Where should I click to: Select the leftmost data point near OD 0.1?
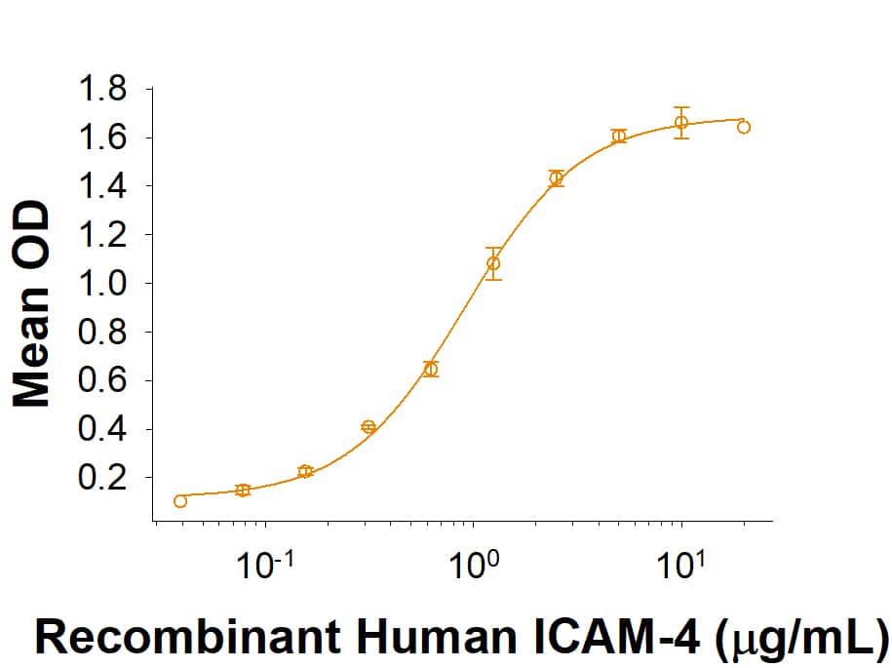[180, 501]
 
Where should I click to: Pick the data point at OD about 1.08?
[493, 263]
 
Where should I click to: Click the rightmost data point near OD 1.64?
[744, 127]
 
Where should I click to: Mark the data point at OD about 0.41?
[368, 427]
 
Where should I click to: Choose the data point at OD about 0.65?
[431, 369]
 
